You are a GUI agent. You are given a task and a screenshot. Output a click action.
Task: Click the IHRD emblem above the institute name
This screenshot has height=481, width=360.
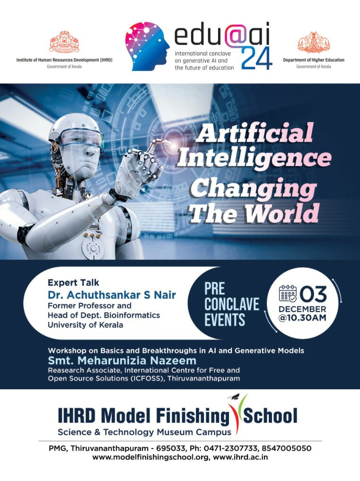click(64, 42)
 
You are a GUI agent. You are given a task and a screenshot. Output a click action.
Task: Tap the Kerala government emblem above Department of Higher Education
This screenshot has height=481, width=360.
click(313, 43)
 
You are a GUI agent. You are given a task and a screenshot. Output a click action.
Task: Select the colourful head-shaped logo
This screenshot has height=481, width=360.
click(147, 46)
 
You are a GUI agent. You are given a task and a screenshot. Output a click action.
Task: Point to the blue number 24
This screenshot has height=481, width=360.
click(256, 58)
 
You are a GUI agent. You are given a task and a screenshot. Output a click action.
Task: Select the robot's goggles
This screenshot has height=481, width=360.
click(81, 139)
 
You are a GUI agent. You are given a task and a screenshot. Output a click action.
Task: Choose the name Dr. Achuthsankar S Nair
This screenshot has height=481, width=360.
click(112, 295)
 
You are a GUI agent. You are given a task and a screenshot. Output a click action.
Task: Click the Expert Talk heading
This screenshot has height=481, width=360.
click(73, 282)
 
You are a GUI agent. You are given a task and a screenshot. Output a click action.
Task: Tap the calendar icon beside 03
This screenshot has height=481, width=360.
click(288, 294)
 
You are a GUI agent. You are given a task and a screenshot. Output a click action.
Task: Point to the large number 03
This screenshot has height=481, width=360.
click(313, 294)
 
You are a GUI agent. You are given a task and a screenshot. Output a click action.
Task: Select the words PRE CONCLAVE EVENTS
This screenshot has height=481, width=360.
click(232, 304)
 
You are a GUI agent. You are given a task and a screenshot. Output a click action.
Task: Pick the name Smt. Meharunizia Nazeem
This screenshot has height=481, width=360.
click(122, 360)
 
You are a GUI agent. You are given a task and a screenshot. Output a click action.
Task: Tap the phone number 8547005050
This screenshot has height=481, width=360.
click(286, 448)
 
